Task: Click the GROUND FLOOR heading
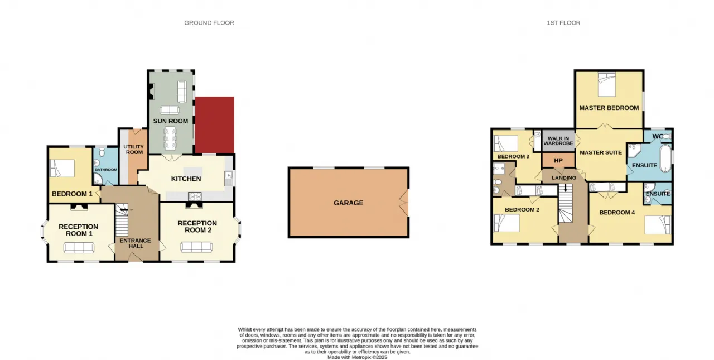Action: (209, 23)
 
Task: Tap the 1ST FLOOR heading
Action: (563, 23)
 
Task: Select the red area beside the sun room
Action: (215, 125)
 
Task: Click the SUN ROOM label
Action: (171, 121)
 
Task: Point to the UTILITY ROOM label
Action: (133, 150)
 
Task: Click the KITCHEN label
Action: (186, 179)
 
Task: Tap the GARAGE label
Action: (349, 203)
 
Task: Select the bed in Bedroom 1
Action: (62, 168)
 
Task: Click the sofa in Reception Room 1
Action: (79, 248)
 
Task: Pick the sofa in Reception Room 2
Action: (196, 247)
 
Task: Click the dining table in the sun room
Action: (170, 138)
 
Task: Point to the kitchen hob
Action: (195, 196)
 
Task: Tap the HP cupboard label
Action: (558, 161)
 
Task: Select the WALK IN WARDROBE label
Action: (558, 141)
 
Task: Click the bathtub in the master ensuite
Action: (665, 159)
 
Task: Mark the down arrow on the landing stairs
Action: (566, 187)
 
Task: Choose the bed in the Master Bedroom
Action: (607, 84)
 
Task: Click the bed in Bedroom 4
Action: (658, 225)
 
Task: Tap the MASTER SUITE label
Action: (601, 153)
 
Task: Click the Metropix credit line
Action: (358, 357)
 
